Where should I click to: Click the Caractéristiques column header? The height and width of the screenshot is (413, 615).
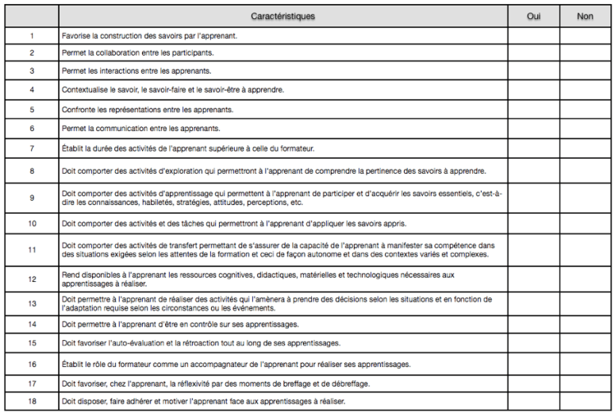point(283,16)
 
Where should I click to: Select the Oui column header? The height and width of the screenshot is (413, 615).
point(534,16)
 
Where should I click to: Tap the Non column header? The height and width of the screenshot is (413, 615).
point(586,16)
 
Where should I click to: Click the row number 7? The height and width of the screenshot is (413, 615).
point(32,147)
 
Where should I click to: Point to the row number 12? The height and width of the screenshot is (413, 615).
point(32,279)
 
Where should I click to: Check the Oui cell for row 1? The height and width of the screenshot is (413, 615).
point(534,36)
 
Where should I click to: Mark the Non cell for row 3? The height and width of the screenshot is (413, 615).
point(586,72)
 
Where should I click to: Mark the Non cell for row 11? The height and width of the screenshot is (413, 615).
point(586,250)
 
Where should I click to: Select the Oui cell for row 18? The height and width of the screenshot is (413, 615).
point(534,402)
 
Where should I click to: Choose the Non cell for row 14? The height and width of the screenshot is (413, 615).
point(586,325)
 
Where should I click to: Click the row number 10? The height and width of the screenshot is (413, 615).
point(32,224)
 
